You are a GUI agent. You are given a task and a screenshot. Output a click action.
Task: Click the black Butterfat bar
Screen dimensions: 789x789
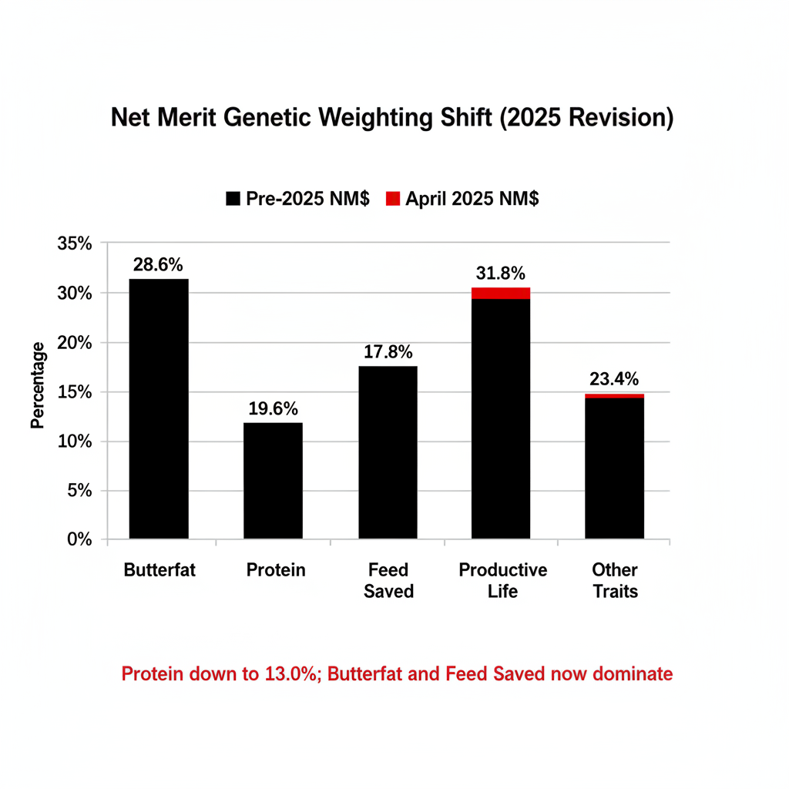point(159,408)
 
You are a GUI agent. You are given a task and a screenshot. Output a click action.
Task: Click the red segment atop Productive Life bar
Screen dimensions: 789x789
point(501,293)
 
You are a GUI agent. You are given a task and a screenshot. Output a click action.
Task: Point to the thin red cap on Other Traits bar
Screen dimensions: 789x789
point(615,396)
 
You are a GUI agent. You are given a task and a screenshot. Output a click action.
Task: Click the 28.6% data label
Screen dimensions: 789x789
point(158,265)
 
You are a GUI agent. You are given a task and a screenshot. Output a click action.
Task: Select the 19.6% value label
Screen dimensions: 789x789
point(273,409)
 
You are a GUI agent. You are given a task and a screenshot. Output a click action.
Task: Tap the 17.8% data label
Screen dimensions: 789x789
point(388,352)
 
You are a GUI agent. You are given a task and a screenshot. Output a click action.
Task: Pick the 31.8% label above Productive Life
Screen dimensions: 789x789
point(500,273)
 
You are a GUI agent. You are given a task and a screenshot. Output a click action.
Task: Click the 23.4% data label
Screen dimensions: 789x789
point(615,379)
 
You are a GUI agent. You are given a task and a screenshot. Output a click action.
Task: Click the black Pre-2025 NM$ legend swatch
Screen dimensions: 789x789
point(233,199)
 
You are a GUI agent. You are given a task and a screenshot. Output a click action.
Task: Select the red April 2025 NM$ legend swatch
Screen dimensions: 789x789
point(393,199)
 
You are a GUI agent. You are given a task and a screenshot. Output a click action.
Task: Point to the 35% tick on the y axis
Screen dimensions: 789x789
point(75,244)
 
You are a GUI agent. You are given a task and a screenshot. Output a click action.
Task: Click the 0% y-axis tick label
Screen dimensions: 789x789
point(79,540)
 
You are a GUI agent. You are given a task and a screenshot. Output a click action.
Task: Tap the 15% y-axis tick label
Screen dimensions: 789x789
point(75,392)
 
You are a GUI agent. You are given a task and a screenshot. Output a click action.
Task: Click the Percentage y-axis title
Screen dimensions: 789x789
point(38,385)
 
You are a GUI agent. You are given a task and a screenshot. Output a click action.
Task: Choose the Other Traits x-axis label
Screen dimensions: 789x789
point(615,580)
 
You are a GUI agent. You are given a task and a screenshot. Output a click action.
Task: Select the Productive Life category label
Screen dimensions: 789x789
point(502,580)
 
